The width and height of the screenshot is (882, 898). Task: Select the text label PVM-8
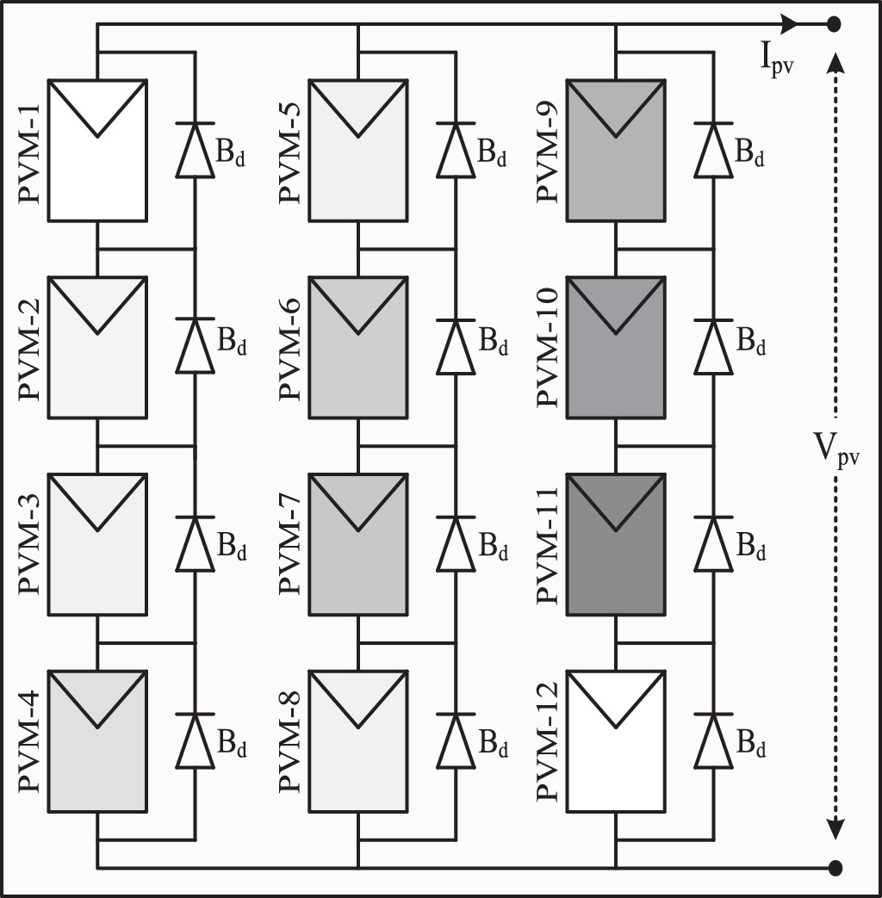pyautogui.click(x=290, y=741)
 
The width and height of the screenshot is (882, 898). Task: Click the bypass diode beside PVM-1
pyautogui.click(x=195, y=151)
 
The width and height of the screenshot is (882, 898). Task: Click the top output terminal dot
pyautogui.click(x=834, y=24)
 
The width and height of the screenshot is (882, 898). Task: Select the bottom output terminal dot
pyautogui.click(x=834, y=866)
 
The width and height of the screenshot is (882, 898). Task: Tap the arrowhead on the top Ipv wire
pyautogui.click(x=789, y=24)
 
